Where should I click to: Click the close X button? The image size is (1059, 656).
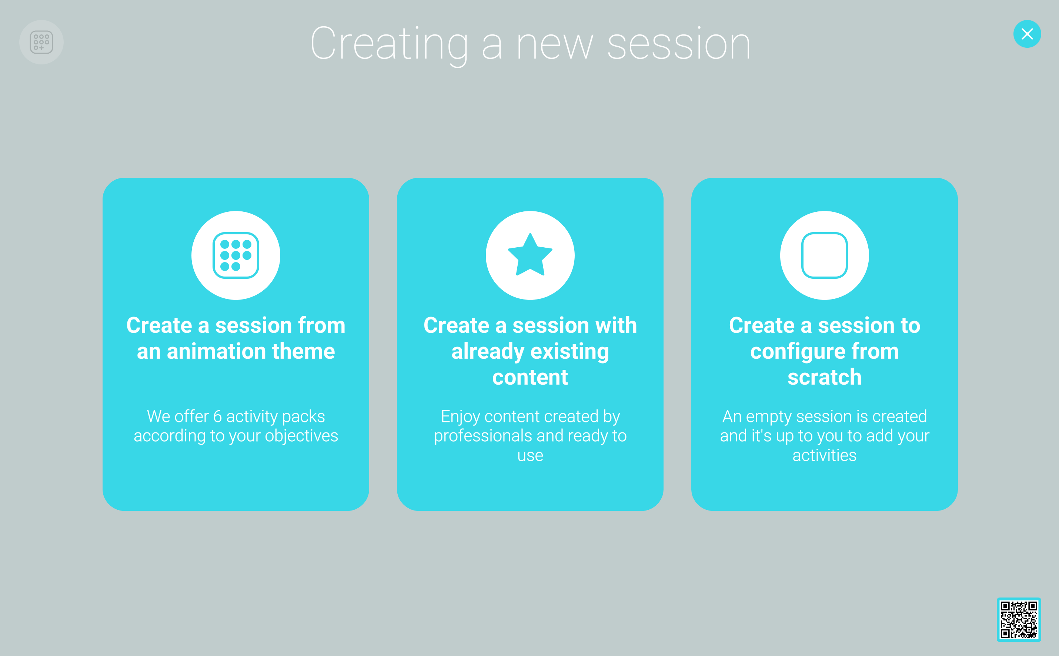pyautogui.click(x=1027, y=34)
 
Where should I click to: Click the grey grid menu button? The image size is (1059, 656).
pyautogui.click(x=41, y=42)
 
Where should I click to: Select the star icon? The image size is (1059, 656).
pyautogui.click(x=530, y=255)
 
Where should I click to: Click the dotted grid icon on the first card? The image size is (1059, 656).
pyautogui.click(x=235, y=255)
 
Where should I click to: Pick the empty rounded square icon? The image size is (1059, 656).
pyautogui.click(x=824, y=255)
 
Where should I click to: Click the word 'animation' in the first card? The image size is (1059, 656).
pyautogui.click(x=216, y=351)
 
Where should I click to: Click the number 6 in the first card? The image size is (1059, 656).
pyautogui.click(x=217, y=416)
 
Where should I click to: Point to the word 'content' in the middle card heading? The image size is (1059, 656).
pyautogui.click(x=530, y=377)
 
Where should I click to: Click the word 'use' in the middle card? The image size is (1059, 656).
pyautogui.click(x=530, y=456)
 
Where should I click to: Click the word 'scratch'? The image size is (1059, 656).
pyautogui.click(x=824, y=376)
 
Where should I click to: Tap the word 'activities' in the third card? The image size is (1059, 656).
pyautogui.click(x=824, y=456)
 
